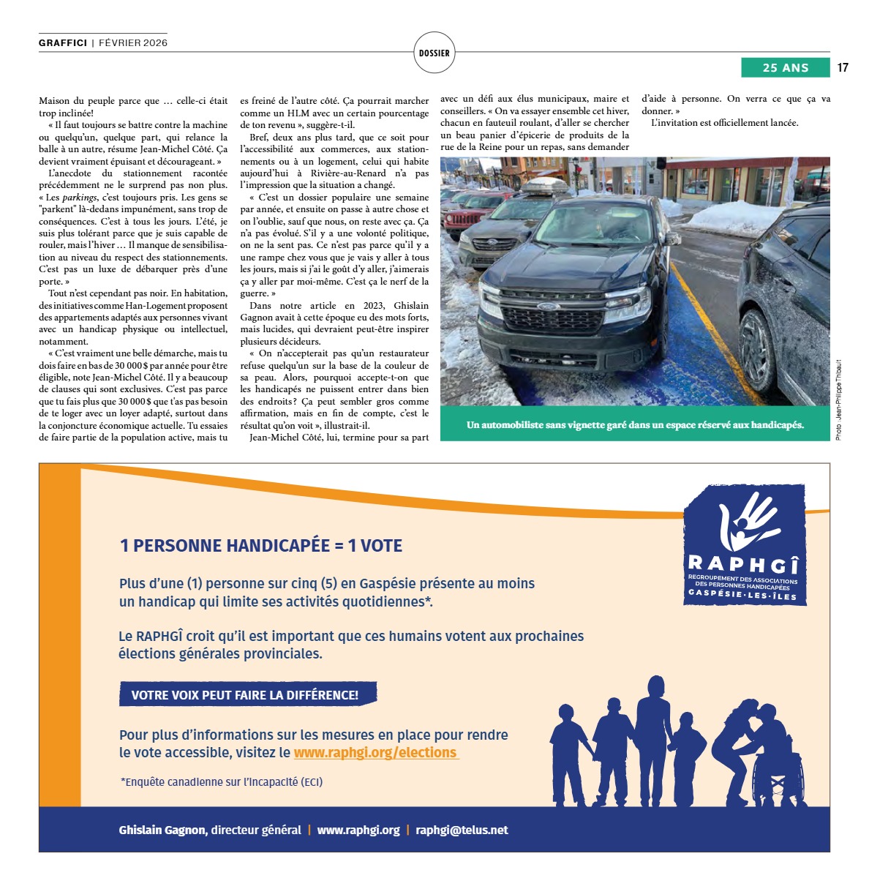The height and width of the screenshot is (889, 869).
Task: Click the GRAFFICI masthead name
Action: [63, 43]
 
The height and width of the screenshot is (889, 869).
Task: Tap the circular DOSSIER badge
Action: [434, 53]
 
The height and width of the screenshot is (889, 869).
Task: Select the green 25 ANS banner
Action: [785, 67]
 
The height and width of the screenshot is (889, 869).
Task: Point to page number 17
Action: [843, 67]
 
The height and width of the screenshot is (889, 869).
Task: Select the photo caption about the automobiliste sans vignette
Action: [635, 425]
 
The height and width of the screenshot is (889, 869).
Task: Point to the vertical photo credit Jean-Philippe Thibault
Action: [838, 400]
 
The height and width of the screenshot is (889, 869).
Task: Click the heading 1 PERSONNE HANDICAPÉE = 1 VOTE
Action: [261, 546]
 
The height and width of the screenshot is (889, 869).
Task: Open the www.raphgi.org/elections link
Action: [376, 753]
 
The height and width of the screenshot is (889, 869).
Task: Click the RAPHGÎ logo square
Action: [743, 545]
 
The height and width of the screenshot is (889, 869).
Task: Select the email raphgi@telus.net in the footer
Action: [462, 830]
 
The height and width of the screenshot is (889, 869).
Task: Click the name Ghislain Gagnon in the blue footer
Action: [163, 830]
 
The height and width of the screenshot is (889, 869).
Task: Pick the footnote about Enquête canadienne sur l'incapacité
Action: [222, 782]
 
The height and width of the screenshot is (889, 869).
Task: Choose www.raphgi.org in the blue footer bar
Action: [358, 830]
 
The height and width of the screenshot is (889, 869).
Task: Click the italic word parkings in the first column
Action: [79, 198]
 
